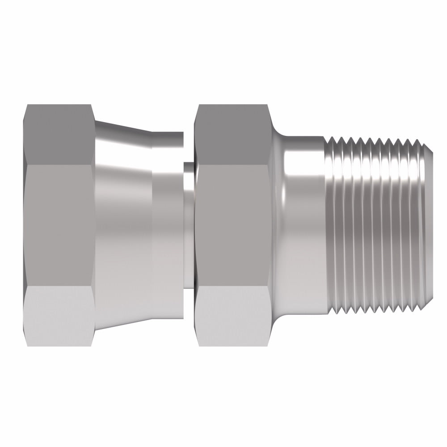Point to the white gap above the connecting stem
click(x=189, y=148)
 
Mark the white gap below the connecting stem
click(x=189, y=304)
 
